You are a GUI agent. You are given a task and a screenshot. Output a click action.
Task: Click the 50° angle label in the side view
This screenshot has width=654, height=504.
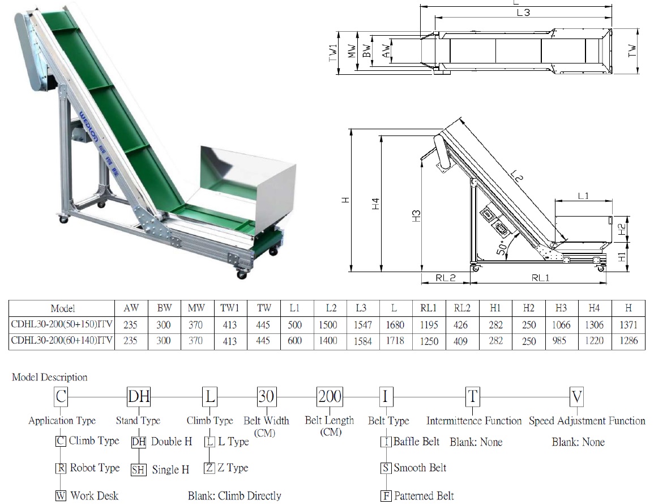point(502,247)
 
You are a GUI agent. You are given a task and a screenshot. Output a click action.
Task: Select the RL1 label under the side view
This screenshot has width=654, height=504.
point(541,278)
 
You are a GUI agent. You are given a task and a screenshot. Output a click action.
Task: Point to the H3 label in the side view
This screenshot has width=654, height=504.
point(416,215)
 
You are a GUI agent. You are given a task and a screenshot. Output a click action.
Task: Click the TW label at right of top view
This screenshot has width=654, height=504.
point(632,51)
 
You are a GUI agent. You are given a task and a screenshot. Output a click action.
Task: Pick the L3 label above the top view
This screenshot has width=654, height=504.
point(523,12)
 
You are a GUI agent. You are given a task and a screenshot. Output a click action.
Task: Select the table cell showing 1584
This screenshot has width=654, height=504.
point(362,341)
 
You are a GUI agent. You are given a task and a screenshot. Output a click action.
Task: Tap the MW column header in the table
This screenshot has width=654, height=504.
point(196,308)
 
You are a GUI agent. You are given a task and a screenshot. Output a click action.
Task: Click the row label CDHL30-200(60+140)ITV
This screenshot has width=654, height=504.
point(62,341)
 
